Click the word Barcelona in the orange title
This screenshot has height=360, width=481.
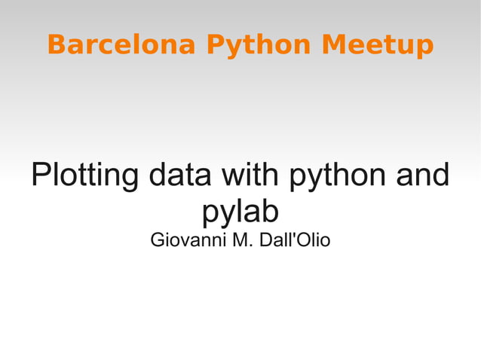point(121,45)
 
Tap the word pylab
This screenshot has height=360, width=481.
point(240,213)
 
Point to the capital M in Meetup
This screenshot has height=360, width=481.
point(332,45)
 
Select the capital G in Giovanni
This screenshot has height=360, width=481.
point(158,242)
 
